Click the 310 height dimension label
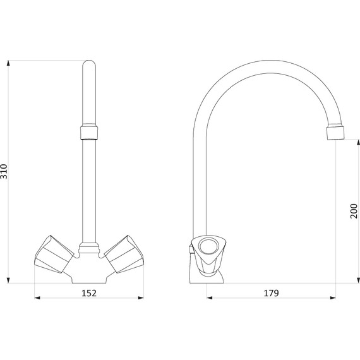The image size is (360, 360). point(4,172)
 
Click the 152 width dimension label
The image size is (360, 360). point(89,293)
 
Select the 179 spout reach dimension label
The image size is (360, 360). point(271,293)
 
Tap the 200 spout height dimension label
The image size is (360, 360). point(354,211)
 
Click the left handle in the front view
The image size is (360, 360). point(54,254)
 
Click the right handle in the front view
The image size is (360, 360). point(124,254)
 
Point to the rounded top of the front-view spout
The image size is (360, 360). point(89,64)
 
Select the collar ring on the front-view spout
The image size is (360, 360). point(89,133)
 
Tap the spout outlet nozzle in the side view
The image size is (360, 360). point(335,132)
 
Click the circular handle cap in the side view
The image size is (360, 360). point(208,247)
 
